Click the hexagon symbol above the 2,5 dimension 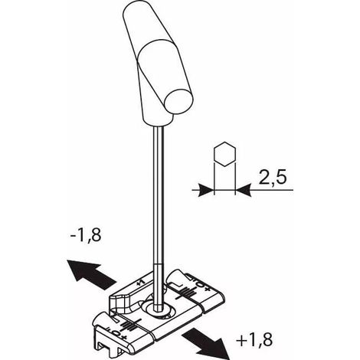click(224, 154)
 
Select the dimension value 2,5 click(273, 177)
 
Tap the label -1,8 click(86, 234)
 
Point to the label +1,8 click(254, 339)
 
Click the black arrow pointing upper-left click(90, 273)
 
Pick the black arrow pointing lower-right click(206, 343)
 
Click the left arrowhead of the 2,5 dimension click(206, 190)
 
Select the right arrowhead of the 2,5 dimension click(243, 190)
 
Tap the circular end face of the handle click(178, 102)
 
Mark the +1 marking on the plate click(141, 282)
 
